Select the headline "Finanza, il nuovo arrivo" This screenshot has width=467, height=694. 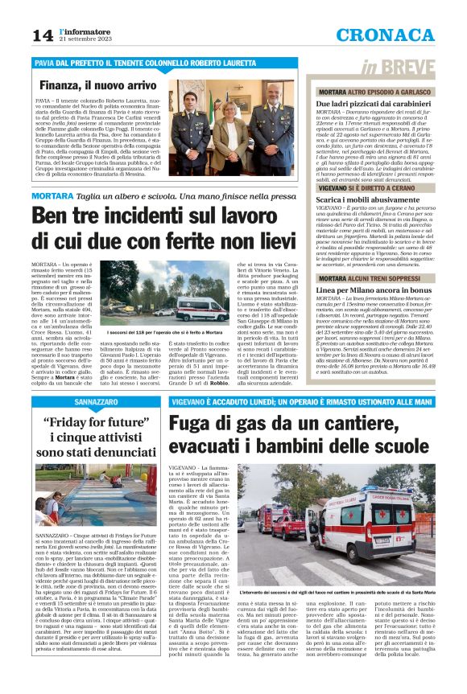(96, 84)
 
